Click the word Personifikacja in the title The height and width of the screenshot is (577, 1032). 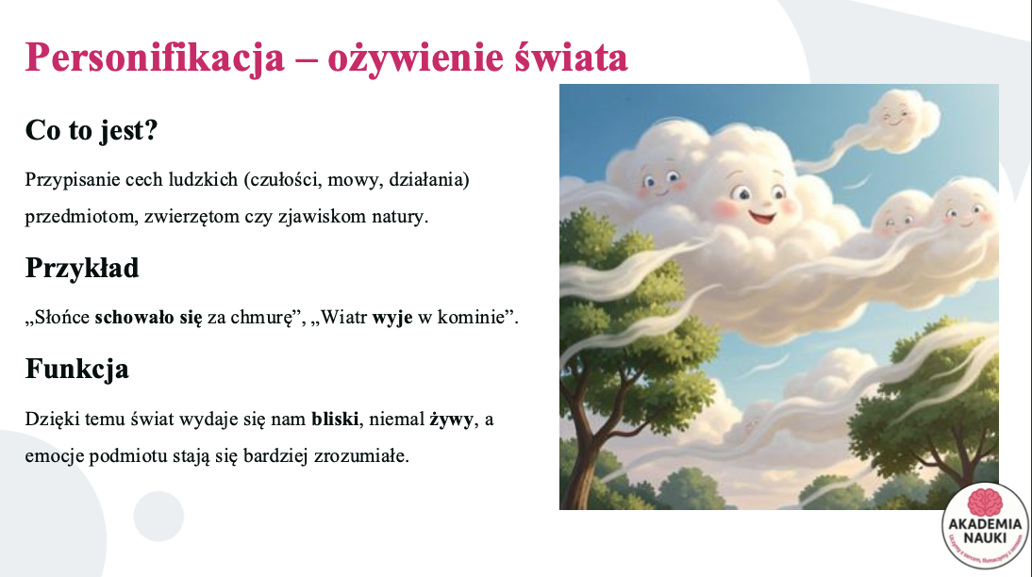155,58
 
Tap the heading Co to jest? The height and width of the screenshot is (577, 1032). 92,129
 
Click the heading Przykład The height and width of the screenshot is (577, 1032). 82,268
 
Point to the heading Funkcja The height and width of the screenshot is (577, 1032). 77,369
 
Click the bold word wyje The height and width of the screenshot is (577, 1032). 392,317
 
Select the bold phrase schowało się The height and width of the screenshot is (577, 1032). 149,317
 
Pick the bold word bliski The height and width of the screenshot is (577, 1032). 335,420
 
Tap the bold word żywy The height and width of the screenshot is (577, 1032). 452,420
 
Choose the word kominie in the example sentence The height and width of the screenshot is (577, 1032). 472,317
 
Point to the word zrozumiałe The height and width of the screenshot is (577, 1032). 360,456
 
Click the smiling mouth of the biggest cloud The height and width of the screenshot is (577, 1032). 762,216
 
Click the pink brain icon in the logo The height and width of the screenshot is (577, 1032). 985,503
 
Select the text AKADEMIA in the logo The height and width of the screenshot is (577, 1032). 985,524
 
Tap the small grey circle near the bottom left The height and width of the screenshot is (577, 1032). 158,517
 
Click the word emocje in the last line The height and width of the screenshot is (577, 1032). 55,456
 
